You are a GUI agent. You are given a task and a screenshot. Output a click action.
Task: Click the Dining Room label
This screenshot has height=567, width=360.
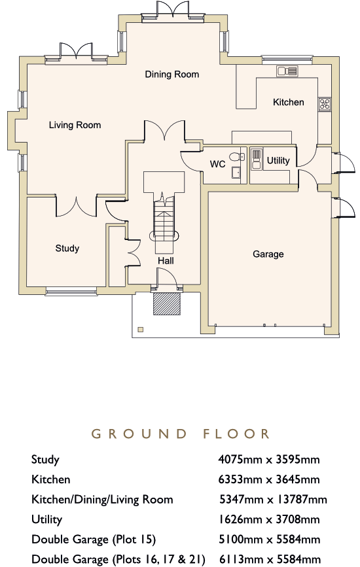tap(172, 75)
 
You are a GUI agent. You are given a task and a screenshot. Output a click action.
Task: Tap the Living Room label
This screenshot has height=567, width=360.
tap(75, 125)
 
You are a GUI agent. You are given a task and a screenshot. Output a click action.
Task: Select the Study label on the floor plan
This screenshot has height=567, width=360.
tap(67, 249)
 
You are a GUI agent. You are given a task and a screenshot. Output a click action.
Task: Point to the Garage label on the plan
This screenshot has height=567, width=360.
tap(268, 254)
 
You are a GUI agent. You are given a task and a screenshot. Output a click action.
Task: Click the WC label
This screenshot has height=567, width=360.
tap(217, 164)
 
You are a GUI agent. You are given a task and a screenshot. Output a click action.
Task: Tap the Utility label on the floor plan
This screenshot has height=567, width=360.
tap(278, 161)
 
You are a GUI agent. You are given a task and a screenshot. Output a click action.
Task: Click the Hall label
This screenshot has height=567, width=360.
tap(166, 261)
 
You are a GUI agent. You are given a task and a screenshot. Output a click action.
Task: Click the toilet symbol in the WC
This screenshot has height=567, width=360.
tap(237, 156)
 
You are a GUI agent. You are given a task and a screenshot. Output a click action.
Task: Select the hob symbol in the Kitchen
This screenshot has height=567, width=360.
tap(325, 104)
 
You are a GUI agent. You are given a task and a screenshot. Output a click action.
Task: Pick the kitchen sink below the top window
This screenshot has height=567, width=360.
tap(287, 71)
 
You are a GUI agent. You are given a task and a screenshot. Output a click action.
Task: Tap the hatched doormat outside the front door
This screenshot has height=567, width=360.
tap(167, 303)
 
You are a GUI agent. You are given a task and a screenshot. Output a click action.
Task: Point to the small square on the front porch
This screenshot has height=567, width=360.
tap(141, 330)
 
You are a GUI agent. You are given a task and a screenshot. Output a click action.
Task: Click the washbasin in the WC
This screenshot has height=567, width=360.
tap(236, 172)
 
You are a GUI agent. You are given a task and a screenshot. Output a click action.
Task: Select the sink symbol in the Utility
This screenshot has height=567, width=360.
tap(256, 159)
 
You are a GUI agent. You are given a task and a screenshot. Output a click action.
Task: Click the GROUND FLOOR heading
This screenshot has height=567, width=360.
tap(180, 434)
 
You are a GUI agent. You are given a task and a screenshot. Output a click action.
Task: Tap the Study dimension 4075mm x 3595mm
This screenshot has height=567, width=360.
tap(269, 460)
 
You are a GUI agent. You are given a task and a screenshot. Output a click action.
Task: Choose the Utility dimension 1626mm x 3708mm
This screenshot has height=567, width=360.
tap(269, 520)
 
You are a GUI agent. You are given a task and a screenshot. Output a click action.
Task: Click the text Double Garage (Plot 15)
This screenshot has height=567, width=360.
tap(94, 540)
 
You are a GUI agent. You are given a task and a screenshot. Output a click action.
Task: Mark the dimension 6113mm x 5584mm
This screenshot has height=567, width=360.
tap(270, 559)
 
